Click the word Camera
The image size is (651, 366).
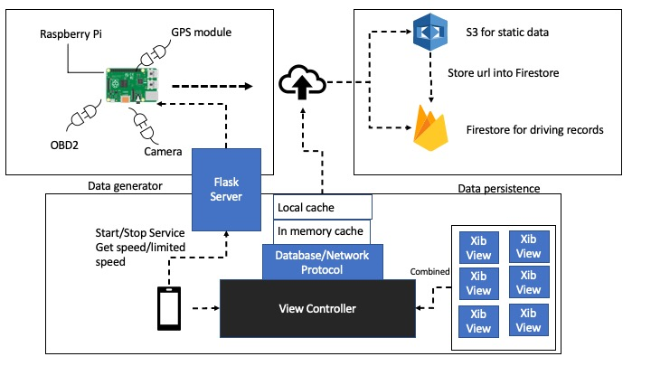click(x=164, y=150)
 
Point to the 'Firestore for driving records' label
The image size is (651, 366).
click(x=534, y=130)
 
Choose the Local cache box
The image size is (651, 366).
click(x=323, y=207)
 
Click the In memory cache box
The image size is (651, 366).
click(x=323, y=231)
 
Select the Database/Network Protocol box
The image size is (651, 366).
click(x=323, y=262)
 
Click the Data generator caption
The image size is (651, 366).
click(x=125, y=186)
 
